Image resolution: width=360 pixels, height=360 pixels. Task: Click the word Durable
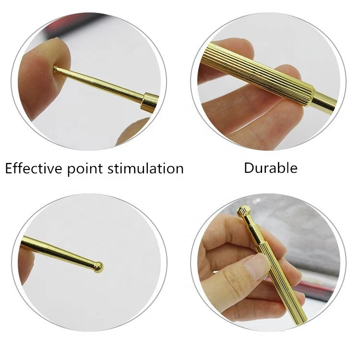(271, 168)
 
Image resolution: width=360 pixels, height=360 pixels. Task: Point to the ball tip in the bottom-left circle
(98, 266)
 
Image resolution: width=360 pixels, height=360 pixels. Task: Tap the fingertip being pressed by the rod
(46, 65)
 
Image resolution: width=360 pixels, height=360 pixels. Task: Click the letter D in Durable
(249, 168)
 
